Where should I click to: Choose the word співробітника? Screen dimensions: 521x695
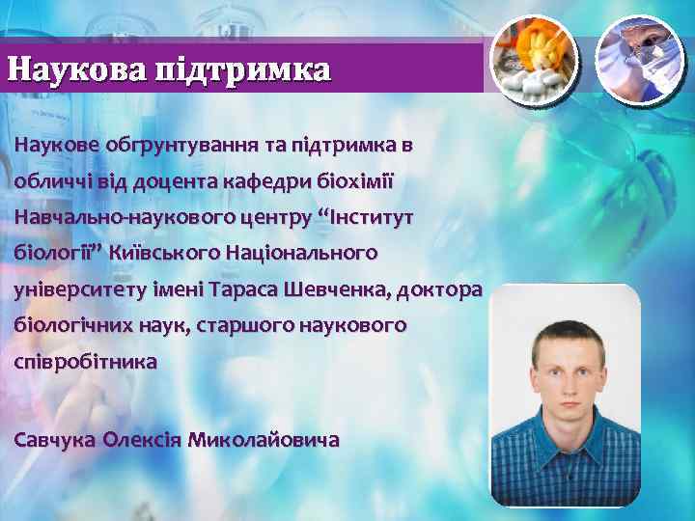point(85,364)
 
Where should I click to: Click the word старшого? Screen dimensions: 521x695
point(236,327)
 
